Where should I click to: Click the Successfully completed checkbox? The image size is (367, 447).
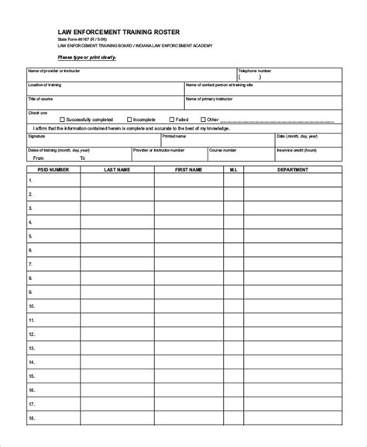(x=61, y=120)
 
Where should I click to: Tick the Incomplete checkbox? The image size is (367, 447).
(x=129, y=120)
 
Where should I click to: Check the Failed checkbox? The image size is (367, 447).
(x=170, y=120)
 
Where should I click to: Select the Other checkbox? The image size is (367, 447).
(x=203, y=120)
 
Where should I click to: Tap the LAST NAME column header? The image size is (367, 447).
(x=117, y=168)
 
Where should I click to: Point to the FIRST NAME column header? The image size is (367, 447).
(x=188, y=168)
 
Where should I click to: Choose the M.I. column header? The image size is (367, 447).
(x=233, y=168)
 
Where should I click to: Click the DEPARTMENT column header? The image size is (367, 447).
(x=293, y=168)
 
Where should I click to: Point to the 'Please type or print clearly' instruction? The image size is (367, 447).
(x=87, y=57)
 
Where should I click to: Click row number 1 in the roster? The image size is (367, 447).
(x=31, y=181)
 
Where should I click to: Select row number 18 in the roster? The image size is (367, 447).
(x=32, y=438)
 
